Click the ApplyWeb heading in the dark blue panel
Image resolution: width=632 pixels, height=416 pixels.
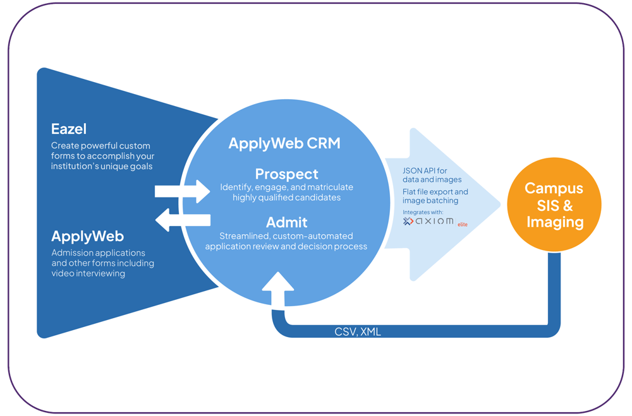click(87, 236)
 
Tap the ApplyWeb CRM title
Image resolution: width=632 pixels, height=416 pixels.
click(284, 143)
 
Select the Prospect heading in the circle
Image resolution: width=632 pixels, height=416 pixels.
click(286, 174)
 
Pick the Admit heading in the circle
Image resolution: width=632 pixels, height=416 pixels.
click(286, 222)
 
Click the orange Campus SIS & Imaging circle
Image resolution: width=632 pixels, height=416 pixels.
click(554, 205)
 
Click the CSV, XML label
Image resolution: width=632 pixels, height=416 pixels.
click(358, 331)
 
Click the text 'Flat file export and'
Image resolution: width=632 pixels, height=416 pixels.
click(435, 191)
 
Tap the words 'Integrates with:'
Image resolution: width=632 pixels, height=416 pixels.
click(423, 211)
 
